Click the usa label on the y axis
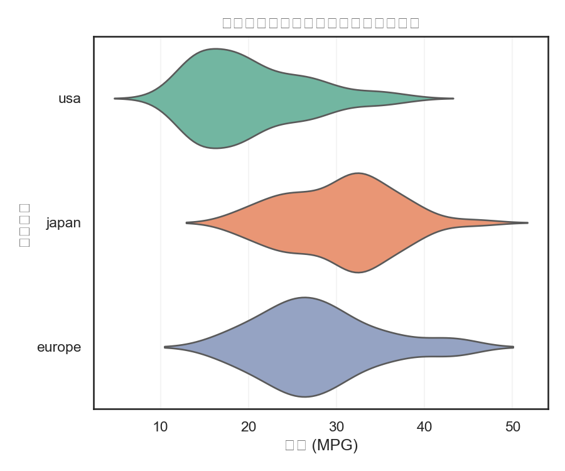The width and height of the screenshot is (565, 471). [69, 99]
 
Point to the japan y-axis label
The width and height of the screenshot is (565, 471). [63, 223]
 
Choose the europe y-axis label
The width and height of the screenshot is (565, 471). [59, 347]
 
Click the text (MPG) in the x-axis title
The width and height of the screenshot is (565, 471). [335, 445]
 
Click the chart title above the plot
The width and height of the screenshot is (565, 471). [321, 23]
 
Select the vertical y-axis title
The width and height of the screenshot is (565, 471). [24, 224]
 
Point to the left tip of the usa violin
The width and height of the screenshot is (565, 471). [115, 99]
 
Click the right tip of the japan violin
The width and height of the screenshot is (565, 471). [527, 223]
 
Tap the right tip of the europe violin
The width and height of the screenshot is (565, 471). [513, 347]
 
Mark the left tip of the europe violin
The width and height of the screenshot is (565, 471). [164, 347]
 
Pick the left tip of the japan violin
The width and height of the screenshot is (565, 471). [186, 223]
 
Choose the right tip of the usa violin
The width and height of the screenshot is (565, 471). [453, 99]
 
